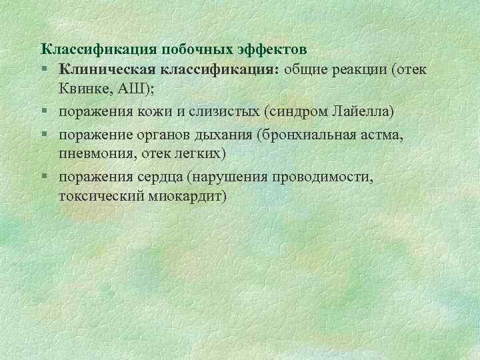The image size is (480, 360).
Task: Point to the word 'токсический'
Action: tap(98, 197)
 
